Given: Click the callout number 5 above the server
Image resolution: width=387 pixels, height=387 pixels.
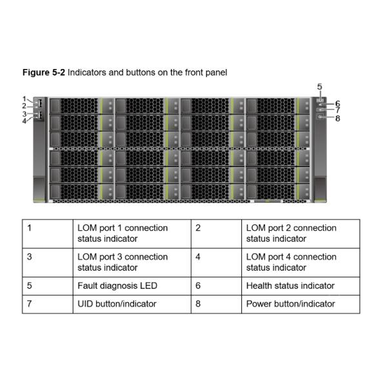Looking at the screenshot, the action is point(319,87).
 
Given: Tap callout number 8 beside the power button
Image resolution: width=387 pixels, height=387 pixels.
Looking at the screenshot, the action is point(337,119).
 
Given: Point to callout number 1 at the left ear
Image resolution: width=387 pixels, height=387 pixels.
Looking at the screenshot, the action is point(25,99).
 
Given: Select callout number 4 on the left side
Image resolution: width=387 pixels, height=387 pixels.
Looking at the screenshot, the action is point(25,121).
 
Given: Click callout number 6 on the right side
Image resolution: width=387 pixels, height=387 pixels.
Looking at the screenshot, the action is point(337,104).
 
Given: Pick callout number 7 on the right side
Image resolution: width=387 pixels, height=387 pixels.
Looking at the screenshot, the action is point(337,110).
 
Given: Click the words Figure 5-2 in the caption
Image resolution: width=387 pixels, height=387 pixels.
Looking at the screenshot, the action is point(44,72).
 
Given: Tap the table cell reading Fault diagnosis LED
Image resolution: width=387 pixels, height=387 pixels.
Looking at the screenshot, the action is point(132,286).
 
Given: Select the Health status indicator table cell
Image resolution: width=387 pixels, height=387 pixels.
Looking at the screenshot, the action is point(301,286).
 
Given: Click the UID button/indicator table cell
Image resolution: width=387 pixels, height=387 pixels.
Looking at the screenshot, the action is point(132,304).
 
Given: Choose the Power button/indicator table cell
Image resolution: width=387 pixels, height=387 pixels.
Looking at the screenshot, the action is point(301,304).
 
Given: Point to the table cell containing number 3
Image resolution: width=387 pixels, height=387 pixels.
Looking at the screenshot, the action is point(48,263).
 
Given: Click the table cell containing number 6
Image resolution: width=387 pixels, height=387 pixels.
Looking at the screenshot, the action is point(216,286).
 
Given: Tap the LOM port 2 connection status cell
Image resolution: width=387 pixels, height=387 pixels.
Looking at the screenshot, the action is point(301,233).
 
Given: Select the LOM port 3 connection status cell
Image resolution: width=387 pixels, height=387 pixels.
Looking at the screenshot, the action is point(132,263).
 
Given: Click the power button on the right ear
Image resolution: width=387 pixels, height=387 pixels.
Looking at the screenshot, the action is point(321,117).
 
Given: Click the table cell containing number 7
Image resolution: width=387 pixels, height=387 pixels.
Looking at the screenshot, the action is point(48,304).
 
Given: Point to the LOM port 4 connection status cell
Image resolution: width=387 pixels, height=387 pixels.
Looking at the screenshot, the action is point(301,263).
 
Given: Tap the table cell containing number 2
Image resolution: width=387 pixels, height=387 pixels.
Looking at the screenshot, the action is point(216,233).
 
